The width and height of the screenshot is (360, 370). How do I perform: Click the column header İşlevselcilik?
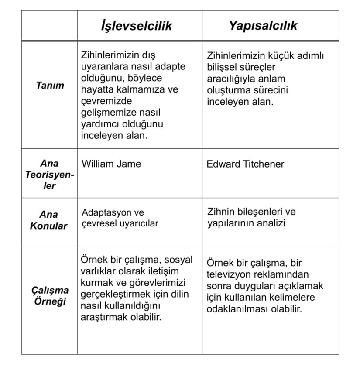pyautogui.click(x=136, y=26)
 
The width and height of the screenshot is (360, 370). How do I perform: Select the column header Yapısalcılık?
pyautogui.click(x=263, y=25)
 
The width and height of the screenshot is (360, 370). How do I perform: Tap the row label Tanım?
pyautogui.click(x=50, y=86)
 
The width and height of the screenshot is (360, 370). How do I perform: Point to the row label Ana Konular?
pyautogui.click(x=48, y=220)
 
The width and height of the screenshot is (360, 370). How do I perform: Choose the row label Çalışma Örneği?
pyautogui.click(x=50, y=296)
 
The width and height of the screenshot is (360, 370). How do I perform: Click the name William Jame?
pyautogui.click(x=111, y=164)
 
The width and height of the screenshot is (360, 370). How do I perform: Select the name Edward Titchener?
pyautogui.click(x=245, y=164)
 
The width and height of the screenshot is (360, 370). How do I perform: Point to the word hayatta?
pyautogui.click(x=96, y=90)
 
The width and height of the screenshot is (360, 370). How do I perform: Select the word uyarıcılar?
pyautogui.click(x=140, y=223)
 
